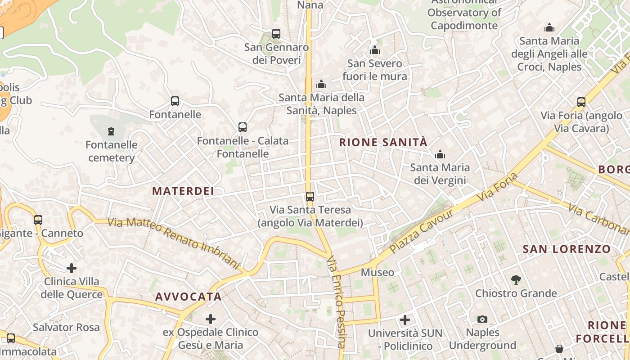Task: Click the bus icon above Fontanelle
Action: pos(175,101)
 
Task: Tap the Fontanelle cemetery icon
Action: pos(111,131)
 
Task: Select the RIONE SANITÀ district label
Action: pos(383,143)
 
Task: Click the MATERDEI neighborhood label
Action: pos(183,191)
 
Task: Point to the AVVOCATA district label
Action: pos(188,297)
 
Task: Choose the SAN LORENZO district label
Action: pos(567,249)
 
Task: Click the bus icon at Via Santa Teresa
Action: pos(310,196)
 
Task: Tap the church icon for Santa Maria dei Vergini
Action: pos(440,155)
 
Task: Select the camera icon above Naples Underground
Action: pos(482,319)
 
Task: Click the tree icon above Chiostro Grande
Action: pos(516,280)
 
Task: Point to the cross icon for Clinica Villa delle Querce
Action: pos(72,268)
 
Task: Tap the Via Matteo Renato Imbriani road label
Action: pos(174,243)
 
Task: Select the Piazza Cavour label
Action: pos(422,230)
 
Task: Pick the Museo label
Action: pos(378,272)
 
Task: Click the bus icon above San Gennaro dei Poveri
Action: pos(276,34)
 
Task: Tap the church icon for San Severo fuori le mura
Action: pos(375,50)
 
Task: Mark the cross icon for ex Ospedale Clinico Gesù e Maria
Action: pos(210,319)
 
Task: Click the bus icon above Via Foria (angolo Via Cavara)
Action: pos(581,102)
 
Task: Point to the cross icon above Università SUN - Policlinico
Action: pos(405,320)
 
